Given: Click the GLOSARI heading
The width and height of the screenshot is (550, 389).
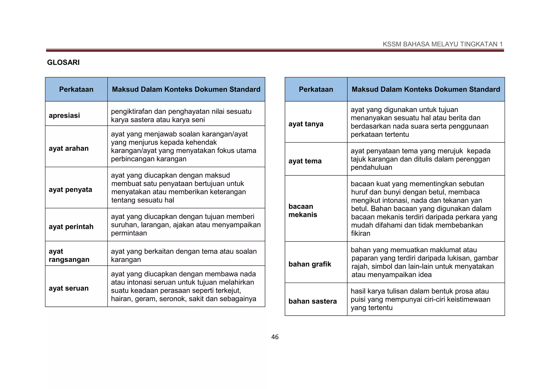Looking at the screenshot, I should [63, 62].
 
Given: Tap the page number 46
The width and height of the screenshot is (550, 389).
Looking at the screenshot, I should [275, 337].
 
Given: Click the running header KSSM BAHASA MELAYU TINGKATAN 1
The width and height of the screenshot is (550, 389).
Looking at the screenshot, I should [443, 44].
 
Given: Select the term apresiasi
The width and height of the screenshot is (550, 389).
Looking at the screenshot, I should [64, 116].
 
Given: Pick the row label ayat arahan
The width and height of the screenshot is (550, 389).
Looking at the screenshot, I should [68, 148].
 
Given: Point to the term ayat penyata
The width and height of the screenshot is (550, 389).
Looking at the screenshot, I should [70, 190].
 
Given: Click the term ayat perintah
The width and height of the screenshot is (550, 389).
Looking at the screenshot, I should [71, 227].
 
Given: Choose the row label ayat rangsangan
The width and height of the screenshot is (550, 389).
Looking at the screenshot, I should [69, 255].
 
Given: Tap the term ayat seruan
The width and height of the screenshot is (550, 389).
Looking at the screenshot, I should [68, 288].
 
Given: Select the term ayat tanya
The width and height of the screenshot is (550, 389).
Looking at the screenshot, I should [306, 124].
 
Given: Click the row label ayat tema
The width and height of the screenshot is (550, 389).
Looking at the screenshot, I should [305, 161].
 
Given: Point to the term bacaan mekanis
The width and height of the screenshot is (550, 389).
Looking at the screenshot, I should [303, 210].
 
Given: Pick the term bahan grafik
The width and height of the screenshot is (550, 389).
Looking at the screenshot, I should [310, 264].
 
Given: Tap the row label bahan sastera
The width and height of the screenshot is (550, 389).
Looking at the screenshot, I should [312, 301].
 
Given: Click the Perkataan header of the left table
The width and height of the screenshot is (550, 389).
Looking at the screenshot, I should [76, 89].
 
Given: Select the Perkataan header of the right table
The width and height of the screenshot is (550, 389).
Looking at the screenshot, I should [316, 89].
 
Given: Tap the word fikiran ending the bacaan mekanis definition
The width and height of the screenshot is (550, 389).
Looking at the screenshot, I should [360, 233].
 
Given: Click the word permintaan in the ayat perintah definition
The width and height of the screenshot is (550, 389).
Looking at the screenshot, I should [129, 233].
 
